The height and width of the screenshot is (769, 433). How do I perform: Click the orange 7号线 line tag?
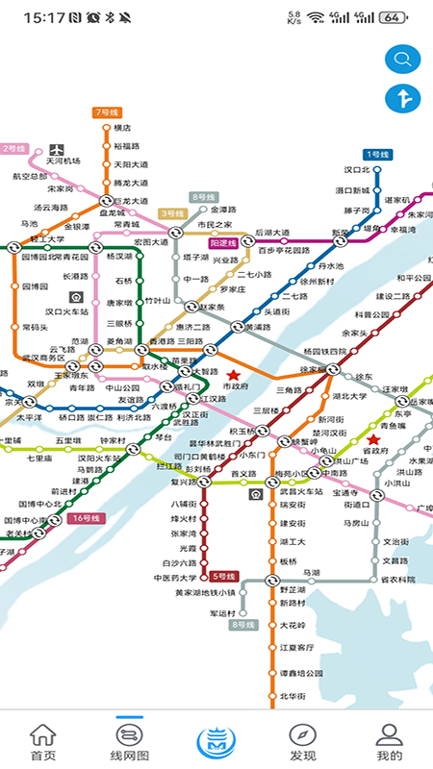pyautogui.click(x=105, y=112)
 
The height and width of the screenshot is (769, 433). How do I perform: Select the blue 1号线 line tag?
pyautogui.click(x=376, y=154)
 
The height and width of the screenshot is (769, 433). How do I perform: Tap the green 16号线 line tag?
pyautogui.click(x=84, y=518)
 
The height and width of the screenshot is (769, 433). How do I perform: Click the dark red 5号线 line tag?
pyautogui.click(x=223, y=576)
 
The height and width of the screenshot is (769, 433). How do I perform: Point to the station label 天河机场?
pyautogui.click(x=64, y=161)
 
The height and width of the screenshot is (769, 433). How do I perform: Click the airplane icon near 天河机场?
pyautogui.click(x=57, y=148)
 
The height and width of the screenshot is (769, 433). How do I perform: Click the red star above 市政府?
pyautogui.click(x=233, y=374)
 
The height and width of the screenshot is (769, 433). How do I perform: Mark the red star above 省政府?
pyautogui.click(x=373, y=439)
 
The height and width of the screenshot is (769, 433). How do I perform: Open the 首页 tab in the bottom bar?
pyautogui.click(x=43, y=741)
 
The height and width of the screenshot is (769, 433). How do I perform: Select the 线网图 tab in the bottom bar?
pyautogui.click(x=130, y=741)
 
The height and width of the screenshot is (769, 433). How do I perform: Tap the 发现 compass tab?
pyautogui.click(x=302, y=741)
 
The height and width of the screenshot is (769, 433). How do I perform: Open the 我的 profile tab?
pyautogui.click(x=389, y=741)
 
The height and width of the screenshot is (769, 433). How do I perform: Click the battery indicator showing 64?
pyautogui.click(x=392, y=17)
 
